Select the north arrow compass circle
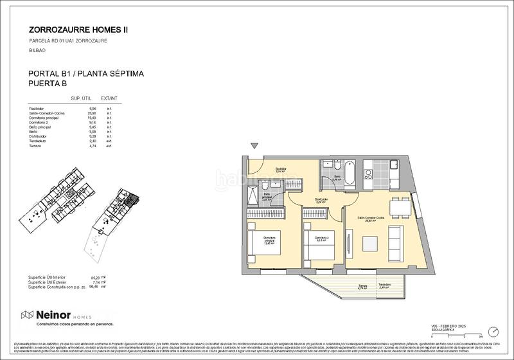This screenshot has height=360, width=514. (492, 331)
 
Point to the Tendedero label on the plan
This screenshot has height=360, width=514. (384, 285)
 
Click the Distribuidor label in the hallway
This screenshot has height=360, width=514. (321, 199)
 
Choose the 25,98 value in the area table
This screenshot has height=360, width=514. (91, 113)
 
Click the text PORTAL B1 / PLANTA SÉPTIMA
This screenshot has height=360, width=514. (86, 74)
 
